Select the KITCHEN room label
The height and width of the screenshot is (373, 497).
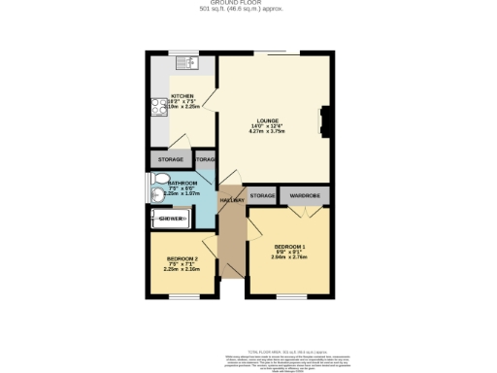pyautogui.click(x=183, y=95)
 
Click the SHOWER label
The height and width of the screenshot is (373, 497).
pyautogui.click(x=172, y=220)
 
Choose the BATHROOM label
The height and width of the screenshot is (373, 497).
pyautogui.click(x=182, y=183)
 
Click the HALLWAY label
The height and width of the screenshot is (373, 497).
pyautogui.click(x=230, y=200)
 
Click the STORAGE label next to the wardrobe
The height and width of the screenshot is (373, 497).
pyautogui.click(x=262, y=195)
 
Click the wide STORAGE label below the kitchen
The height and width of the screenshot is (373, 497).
pyautogui.click(x=168, y=158)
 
